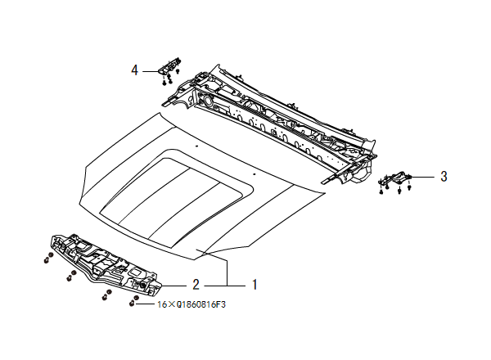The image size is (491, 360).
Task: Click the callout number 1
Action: pyautogui.click(x=255, y=285)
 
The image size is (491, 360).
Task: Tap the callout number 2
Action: pyautogui.click(x=196, y=285)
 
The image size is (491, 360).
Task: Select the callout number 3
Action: pyautogui.click(x=443, y=176)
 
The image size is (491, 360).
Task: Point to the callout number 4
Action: pyautogui.click(x=134, y=70)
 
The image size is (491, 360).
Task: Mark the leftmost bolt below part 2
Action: pyautogui.click(x=46, y=259)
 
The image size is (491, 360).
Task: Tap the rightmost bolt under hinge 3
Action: pyautogui.click(x=408, y=188)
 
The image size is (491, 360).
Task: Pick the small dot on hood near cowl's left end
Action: pyautogui.click(x=197, y=146)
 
